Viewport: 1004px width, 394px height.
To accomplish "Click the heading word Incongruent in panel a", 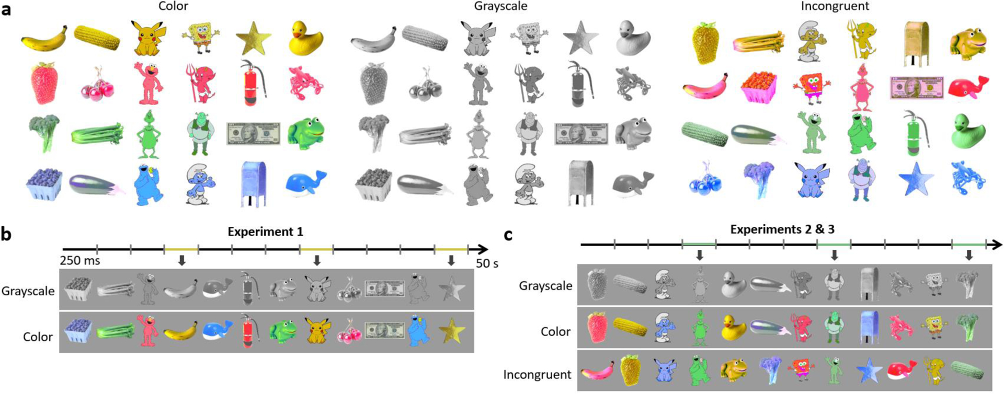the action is [835, 6].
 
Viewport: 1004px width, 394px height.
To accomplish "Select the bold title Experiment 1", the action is [265, 231].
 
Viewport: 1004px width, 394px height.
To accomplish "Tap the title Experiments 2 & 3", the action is [782, 229].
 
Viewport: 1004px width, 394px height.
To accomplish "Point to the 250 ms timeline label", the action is [79, 260].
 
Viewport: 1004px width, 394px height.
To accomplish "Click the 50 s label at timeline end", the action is [486, 263].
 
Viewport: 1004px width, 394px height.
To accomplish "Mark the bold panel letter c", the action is [508, 235].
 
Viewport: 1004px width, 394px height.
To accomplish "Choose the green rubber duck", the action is [968, 131].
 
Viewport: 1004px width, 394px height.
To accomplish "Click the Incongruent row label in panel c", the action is [537, 375].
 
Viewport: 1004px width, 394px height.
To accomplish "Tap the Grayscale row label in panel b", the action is [28, 291].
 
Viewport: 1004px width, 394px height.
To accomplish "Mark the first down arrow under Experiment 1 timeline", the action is [181, 260].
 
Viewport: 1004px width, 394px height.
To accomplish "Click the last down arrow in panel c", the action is [968, 255].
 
